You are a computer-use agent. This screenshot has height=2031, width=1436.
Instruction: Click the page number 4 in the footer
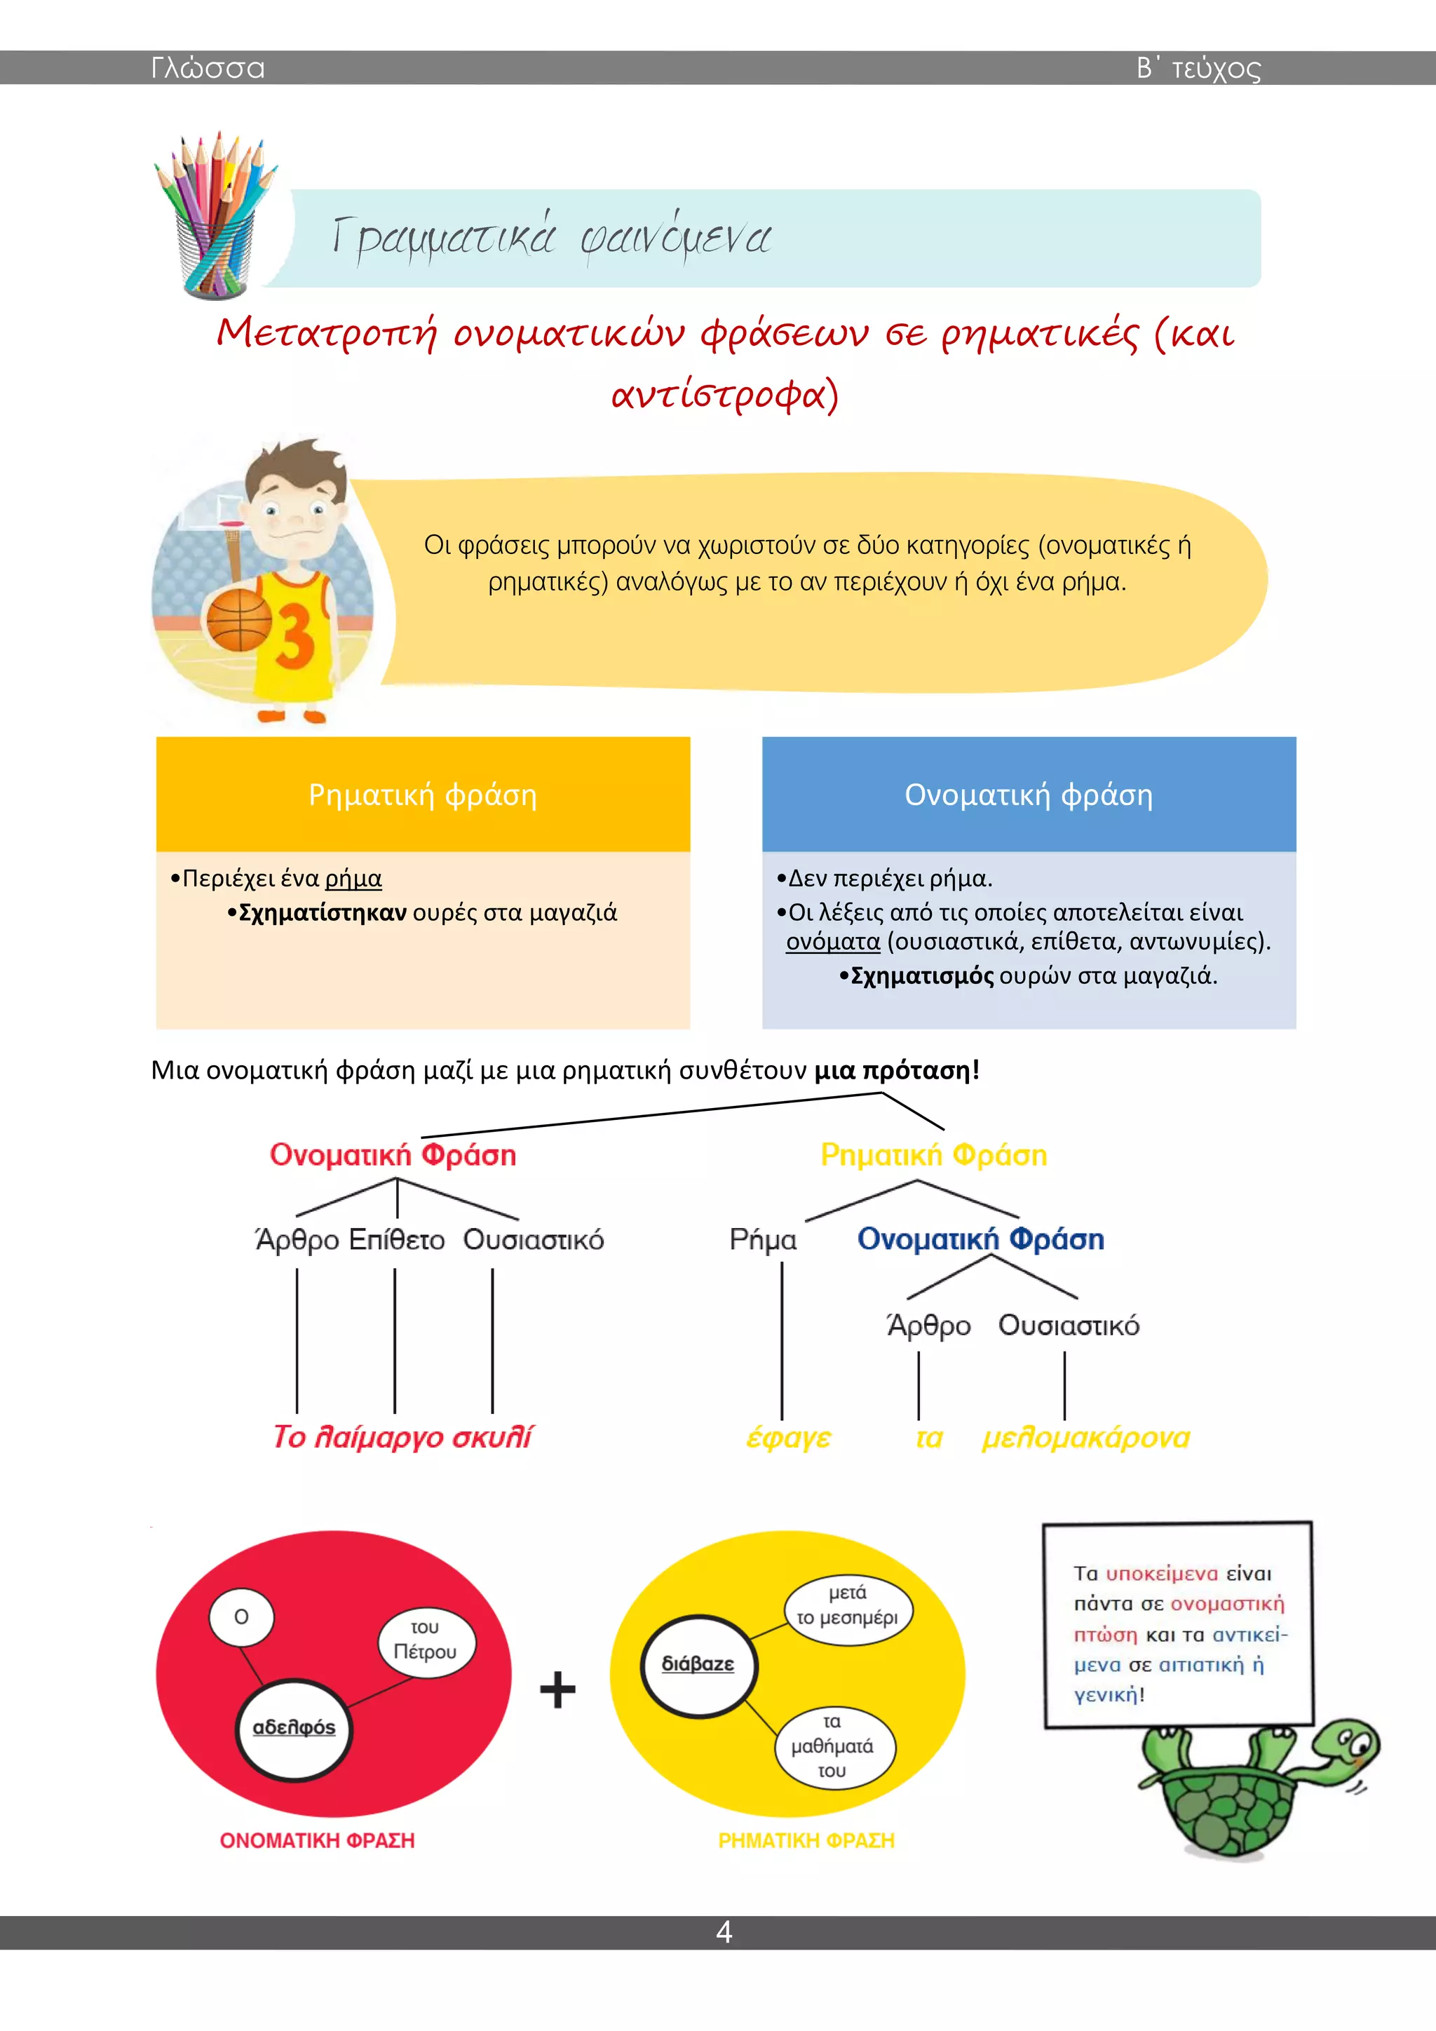pos(724,1932)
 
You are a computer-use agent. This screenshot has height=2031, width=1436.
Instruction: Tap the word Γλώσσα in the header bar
pos(208,68)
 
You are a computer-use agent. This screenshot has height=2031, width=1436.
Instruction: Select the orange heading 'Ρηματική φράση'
pos(423,795)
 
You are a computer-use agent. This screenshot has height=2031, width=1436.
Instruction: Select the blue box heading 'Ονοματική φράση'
pos(1029,795)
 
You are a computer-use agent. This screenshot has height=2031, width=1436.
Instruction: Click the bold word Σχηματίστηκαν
pos(323,912)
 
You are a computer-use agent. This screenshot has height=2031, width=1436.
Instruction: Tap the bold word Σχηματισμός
pos(922,976)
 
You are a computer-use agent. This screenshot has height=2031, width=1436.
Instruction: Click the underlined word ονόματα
pos(833,941)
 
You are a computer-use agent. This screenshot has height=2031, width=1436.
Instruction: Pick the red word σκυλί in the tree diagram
pos(492,1436)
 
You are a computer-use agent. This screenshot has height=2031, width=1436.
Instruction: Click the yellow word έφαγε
pos(789,1438)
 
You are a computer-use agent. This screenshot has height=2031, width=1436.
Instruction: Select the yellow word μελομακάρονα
pos(1086,1438)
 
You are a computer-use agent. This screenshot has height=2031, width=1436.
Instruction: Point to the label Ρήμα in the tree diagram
pos(763,1240)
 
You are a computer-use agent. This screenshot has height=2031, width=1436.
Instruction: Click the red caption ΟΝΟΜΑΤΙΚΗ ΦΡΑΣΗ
pos(318,1841)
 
